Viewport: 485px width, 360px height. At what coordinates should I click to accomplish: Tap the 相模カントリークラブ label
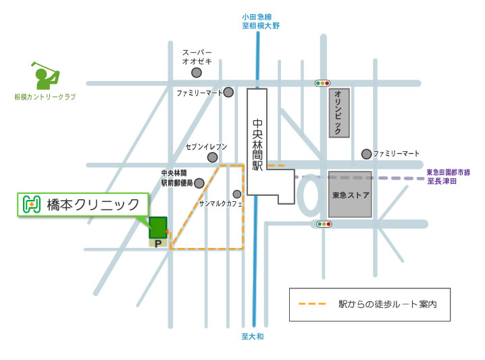coord(45,97)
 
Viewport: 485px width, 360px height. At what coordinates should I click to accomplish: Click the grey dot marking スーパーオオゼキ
coord(197,72)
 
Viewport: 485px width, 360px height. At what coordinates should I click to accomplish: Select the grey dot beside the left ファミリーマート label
coord(229,92)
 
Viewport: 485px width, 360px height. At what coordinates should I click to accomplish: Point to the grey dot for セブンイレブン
coord(213,157)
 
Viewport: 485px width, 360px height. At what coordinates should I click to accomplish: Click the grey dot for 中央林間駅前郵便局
coord(199,182)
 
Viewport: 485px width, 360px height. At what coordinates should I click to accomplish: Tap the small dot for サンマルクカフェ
coord(237,194)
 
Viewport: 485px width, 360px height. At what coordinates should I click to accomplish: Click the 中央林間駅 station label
coord(257,145)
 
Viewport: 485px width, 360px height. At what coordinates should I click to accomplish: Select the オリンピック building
coord(339,112)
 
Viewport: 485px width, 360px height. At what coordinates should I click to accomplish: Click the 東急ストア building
coord(349,195)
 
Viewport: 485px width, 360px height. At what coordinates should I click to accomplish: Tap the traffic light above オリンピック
coord(322,83)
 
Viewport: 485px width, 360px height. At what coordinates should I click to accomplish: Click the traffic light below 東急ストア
coord(324,224)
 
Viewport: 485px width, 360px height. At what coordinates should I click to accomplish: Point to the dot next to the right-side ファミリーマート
coord(366,154)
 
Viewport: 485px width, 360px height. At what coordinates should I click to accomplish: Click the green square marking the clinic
coord(157,227)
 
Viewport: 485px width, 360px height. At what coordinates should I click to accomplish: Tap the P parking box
coord(158,242)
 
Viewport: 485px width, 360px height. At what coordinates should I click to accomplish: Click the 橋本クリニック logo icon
coord(30,204)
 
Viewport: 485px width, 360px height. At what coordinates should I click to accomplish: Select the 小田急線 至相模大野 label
coord(261,21)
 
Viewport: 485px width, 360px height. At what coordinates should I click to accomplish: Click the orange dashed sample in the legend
coord(312,304)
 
